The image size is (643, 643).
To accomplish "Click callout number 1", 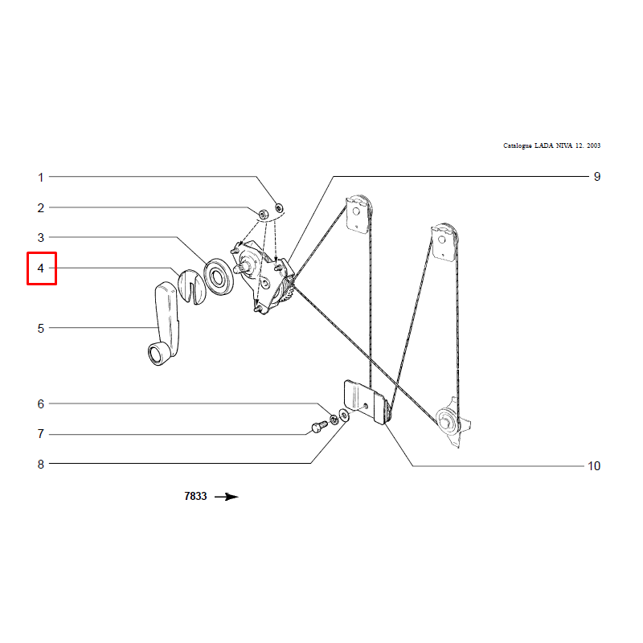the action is [41, 178].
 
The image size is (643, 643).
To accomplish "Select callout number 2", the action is [41, 208].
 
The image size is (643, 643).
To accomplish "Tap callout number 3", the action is [41, 237].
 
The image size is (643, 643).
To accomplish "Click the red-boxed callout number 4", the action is [41, 268].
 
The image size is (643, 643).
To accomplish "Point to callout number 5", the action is [41, 329].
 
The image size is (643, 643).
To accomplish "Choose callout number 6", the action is [41, 404].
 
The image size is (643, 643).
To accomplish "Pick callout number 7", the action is [41, 434].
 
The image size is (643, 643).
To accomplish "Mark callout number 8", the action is [41, 465].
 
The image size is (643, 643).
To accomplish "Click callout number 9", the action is [597, 177].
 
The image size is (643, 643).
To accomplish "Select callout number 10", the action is [594, 466].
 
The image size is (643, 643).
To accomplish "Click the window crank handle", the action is [164, 324].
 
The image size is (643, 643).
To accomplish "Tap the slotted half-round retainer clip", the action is [192, 287].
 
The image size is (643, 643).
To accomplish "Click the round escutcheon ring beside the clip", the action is [219, 276].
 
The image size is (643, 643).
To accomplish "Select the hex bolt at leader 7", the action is [319, 427].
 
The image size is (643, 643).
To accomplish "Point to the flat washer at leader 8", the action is [345, 416].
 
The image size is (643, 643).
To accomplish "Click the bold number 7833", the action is [195, 497].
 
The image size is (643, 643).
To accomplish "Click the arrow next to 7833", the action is [227, 497].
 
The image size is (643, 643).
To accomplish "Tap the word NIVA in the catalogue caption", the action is [564, 145].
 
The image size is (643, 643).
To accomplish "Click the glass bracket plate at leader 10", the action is [365, 402].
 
